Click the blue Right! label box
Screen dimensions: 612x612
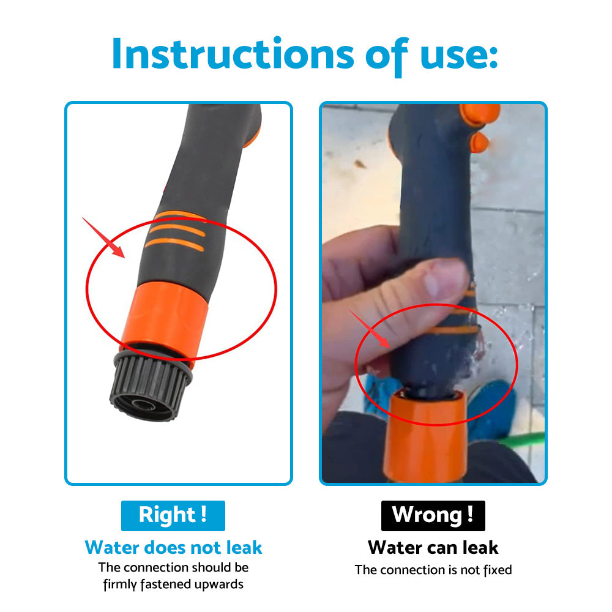click(173, 515)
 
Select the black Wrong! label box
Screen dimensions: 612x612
click(433, 515)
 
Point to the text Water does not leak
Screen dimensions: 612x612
click(173, 547)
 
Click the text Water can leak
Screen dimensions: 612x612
click(433, 547)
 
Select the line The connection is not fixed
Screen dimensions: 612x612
click(433, 570)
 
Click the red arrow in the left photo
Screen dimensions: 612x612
click(105, 239)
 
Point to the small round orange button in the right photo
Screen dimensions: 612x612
click(479, 141)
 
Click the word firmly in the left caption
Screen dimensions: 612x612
click(121, 584)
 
